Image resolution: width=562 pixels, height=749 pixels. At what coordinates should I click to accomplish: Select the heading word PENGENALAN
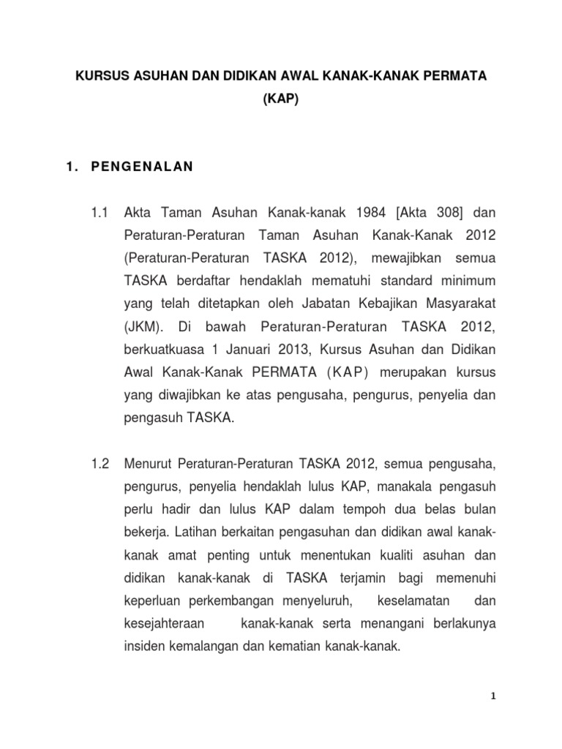click(x=142, y=167)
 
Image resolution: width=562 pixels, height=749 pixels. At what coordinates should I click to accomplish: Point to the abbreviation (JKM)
click(x=146, y=326)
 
